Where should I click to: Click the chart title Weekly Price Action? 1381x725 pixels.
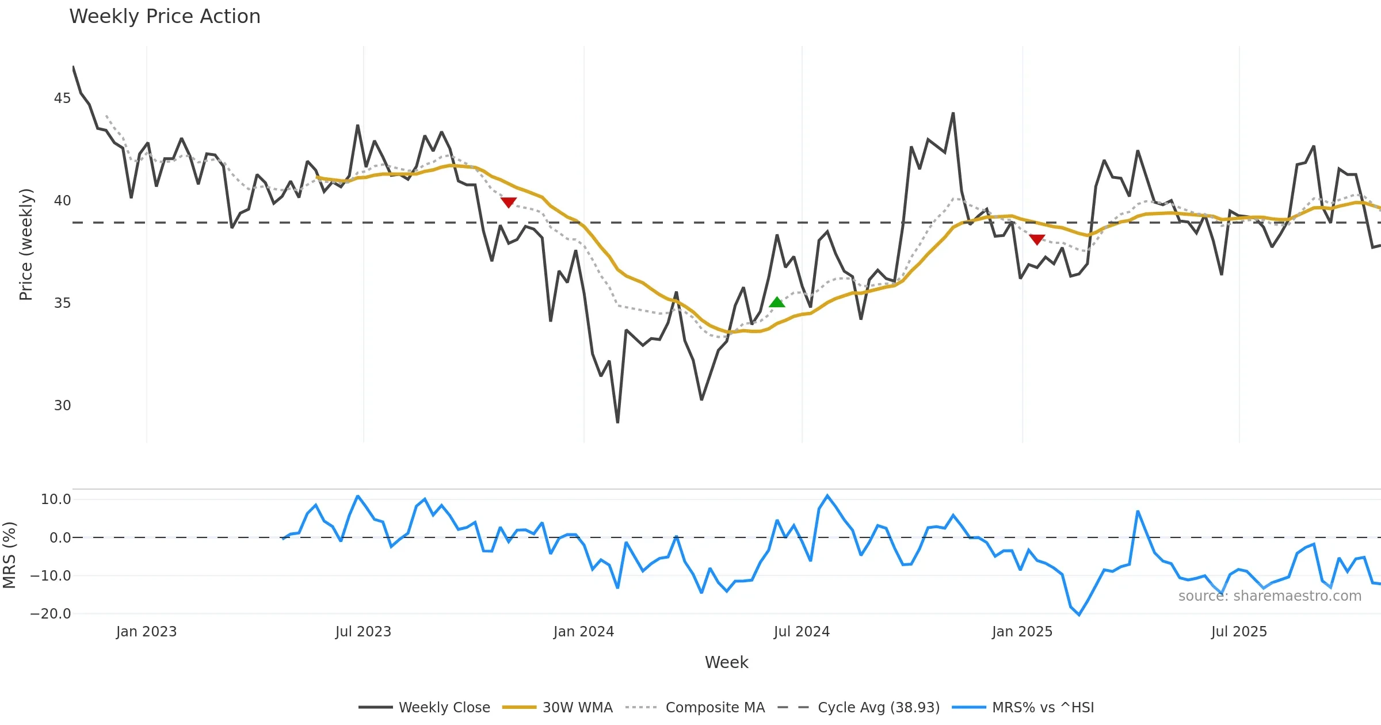click(165, 17)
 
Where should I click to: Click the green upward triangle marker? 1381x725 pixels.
click(777, 303)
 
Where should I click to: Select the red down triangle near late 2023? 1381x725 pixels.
click(508, 202)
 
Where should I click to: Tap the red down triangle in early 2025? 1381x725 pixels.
click(1037, 239)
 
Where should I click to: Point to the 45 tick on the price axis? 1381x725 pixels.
click(62, 98)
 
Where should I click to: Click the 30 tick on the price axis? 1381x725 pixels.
click(62, 406)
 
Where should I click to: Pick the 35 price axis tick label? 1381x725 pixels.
click(62, 303)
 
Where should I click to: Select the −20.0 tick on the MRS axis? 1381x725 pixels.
click(51, 614)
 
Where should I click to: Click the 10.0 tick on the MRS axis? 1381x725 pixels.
click(55, 499)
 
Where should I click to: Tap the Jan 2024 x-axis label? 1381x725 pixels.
click(583, 632)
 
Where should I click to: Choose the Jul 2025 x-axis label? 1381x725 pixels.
click(1239, 632)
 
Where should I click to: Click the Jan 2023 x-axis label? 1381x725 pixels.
click(146, 632)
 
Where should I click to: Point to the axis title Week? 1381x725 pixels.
click(726, 663)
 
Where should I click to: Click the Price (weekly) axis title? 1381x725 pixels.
click(26, 245)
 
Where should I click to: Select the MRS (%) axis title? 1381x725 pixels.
click(9, 555)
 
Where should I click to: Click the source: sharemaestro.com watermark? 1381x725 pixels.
click(1269, 596)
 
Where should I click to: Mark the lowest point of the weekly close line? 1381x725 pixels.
click(617, 423)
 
